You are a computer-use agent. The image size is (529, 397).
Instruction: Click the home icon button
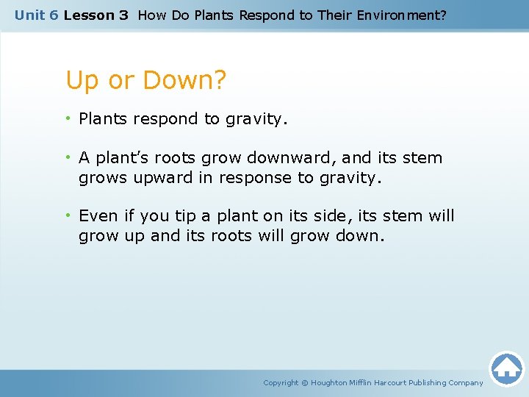[x=506, y=368]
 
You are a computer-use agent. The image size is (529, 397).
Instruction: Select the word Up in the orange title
[x=82, y=81]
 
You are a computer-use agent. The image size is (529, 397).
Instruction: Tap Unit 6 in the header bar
[x=36, y=15]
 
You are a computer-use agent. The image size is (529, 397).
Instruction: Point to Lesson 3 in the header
[x=96, y=15]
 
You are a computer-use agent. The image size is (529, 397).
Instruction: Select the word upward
[x=163, y=178]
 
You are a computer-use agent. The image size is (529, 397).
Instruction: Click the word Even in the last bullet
[x=98, y=216]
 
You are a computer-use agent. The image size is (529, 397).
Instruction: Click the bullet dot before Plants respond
[x=69, y=119]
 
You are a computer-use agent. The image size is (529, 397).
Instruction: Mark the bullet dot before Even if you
[x=69, y=216]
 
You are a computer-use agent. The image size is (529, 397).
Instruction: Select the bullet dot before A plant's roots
[x=69, y=157]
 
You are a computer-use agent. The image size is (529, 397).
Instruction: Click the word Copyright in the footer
[x=281, y=383]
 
